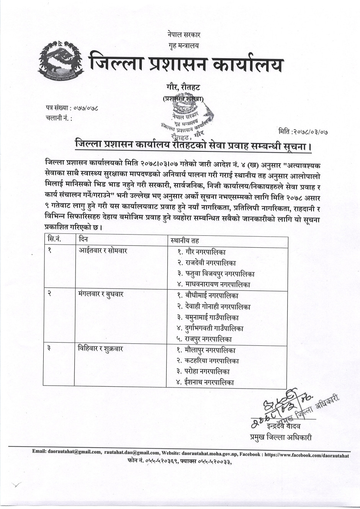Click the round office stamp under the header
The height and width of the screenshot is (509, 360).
tap(188, 117)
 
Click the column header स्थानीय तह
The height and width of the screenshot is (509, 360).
tap(185, 241)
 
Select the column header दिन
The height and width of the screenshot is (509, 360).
tap(83, 240)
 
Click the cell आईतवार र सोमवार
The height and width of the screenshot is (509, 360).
tap(103, 251)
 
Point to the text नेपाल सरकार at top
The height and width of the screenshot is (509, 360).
tap(184, 35)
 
